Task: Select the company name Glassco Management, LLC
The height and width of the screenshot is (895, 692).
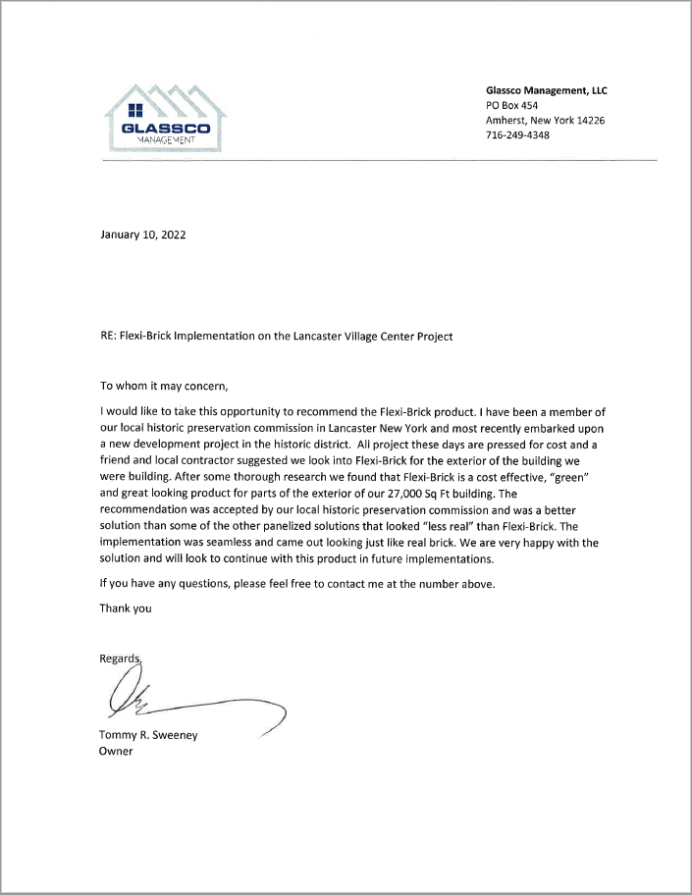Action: pyautogui.click(x=546, y=89)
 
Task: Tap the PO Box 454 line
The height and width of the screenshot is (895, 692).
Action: pyautogui.click(x=511, y=105)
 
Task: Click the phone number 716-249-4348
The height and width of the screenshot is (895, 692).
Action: pyautogui.click(x=517, y=135)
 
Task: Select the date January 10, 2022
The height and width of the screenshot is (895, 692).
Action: pyautogui.click(x=142, y=236)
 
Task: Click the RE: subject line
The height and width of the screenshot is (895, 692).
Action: pyautogui.click(x=276, y=336)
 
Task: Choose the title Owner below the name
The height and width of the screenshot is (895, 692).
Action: pyautogui.click(x=116, y=752)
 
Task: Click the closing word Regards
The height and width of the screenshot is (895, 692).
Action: pyautogui.click(x=121, y=658)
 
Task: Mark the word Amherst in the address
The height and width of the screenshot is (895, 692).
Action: pyautogui.click(x=507, y=120)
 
